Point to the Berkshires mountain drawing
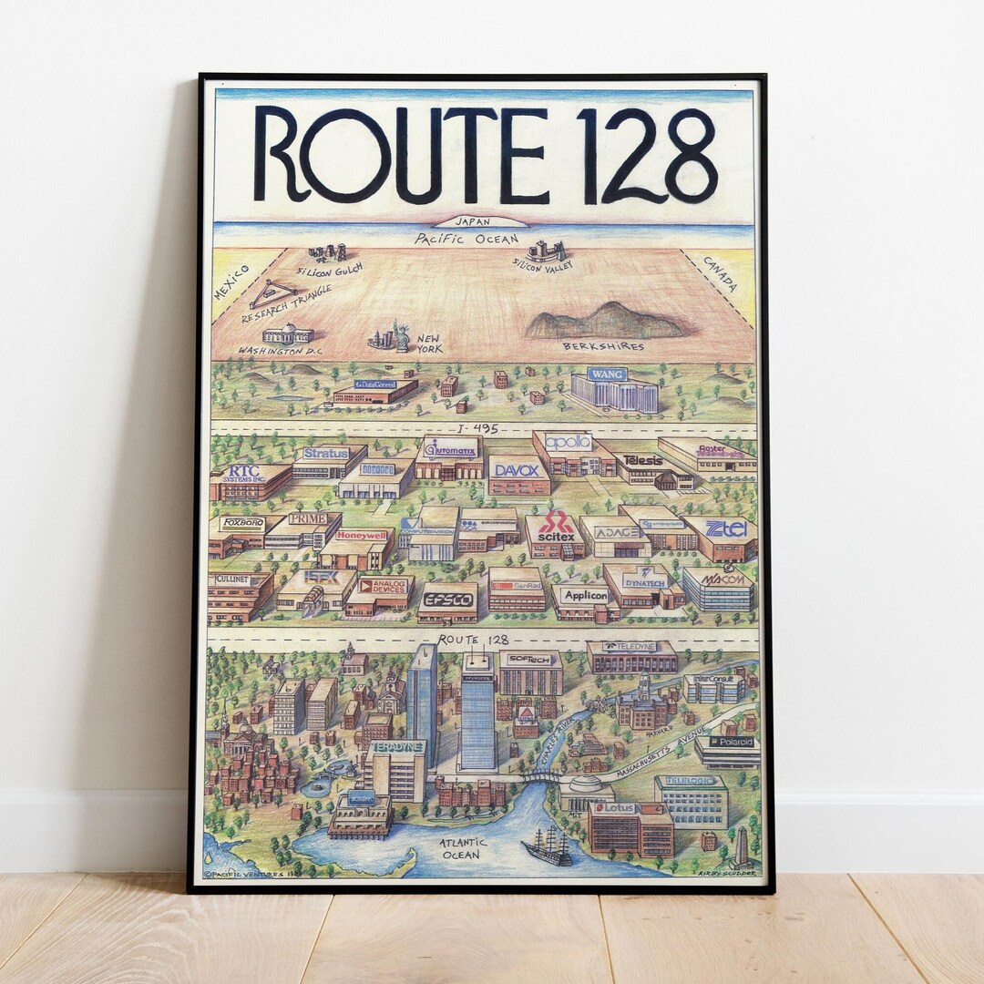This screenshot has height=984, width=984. pos(606,321)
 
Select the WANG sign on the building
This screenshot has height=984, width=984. pos(607,374)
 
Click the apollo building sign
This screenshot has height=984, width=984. pos(568,442)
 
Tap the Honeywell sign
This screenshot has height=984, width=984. pos(361,537)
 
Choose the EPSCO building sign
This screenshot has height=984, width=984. pos(448,600)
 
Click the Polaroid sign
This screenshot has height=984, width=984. pos(732,742)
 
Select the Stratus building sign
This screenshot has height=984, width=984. pos(325,453)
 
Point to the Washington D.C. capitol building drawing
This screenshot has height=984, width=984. pos(287,333)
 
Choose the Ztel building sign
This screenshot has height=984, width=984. pos(726,528)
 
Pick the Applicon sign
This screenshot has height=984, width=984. pos(584,595)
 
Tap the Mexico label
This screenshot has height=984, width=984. pos(231,282)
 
